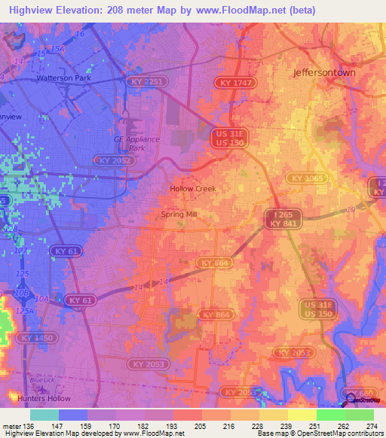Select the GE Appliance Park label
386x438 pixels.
pos(137,143)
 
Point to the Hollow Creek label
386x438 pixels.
pos(192,189)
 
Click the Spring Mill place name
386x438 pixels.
pos(179,214)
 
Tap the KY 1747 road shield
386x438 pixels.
pos(235,82)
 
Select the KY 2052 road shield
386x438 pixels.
pos(114,160)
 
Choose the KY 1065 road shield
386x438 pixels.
pos(305,178)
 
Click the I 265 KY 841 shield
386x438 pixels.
pos(283,219)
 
